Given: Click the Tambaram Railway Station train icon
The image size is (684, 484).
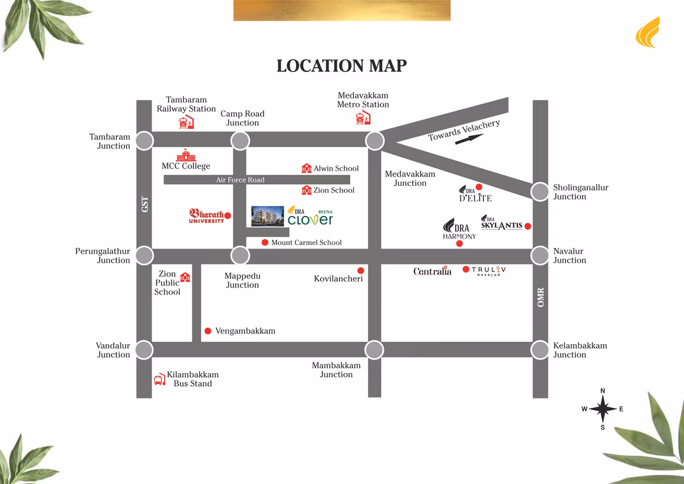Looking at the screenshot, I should coord(186,122).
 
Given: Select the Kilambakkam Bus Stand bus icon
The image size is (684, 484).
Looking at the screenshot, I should coord(160,379).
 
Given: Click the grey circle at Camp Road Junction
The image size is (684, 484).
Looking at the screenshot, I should coord(240,140).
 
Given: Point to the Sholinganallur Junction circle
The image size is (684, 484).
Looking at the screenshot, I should coord(540,191).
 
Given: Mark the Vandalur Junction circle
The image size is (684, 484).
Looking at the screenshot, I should coord(144,349).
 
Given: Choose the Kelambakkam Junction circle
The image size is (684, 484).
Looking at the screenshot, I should coord(540,349).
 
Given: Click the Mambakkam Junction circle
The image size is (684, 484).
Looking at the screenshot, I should coord(374,349).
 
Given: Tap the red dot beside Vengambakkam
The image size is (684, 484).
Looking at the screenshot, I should coord(208,331).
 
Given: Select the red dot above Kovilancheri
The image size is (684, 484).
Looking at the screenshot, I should coord(361,270).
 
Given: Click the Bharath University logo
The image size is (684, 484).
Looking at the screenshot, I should coord(206,216).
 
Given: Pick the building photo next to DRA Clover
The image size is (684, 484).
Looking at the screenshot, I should coord(268,216).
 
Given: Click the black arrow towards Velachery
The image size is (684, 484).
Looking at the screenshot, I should coord(469,139).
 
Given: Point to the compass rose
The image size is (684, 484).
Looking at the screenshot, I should coord(603,408).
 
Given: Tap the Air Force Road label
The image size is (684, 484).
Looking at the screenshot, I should coord(240,179).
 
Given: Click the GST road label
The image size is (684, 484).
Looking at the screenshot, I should coord(145,204).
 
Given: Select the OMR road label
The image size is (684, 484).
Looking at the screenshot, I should coord(541,297).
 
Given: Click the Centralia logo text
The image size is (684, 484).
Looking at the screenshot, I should coord(432,272).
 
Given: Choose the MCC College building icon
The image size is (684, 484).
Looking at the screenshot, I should coord(186,155).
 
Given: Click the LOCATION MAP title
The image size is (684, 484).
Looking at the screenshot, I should coord(342,66).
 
